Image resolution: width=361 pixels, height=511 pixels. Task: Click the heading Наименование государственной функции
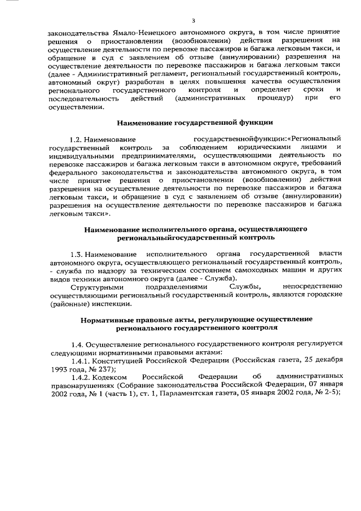[x=195, y=122]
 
